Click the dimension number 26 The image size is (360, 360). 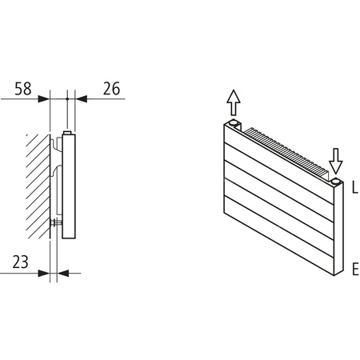(x=111, y=88)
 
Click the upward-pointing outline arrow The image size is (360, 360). (x=233, y=102)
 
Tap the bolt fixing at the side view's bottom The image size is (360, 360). (x=56, y=222)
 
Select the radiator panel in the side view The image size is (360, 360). (x=69, y=188)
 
